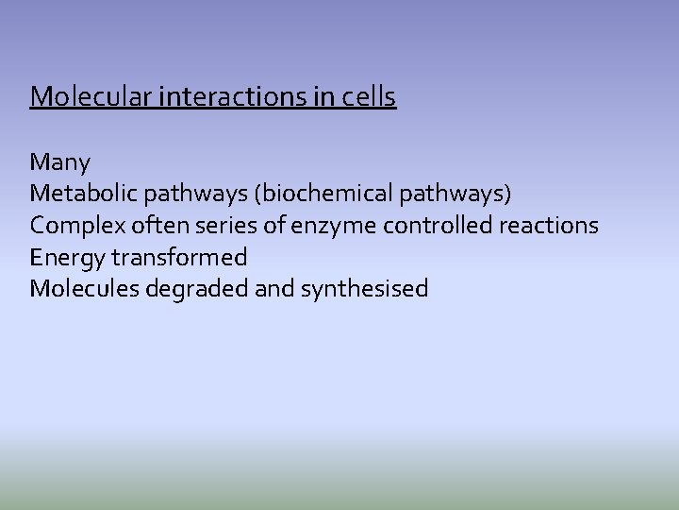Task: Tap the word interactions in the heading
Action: pos(223,96)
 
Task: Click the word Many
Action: pos(60,161)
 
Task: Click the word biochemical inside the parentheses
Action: pos(317,194)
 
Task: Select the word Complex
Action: pos(74,226)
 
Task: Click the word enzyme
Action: pos(328,227)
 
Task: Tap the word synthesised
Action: pos(364,289)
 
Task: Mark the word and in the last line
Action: pos(274,288)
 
